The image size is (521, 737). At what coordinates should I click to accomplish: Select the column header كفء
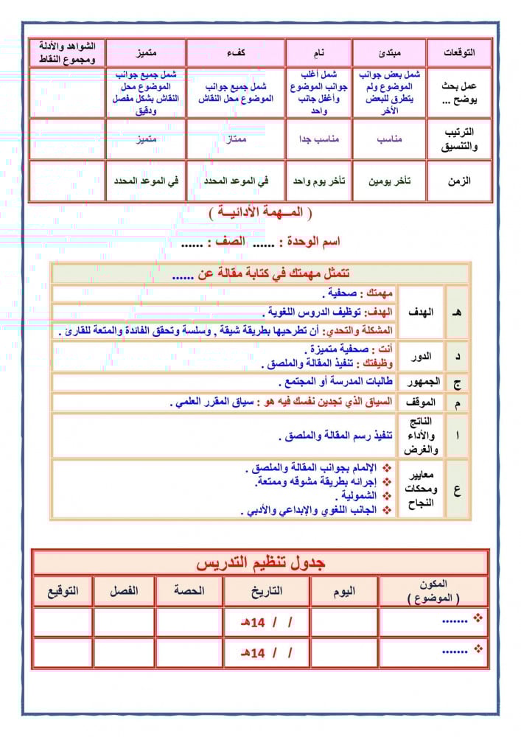236,53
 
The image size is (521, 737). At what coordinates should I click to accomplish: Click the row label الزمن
459,181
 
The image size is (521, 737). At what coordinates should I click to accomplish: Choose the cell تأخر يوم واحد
318,181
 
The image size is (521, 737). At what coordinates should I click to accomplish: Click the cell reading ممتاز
236,139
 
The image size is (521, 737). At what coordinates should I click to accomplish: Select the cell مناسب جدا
318,139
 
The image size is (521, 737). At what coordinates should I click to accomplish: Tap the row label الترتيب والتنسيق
459,139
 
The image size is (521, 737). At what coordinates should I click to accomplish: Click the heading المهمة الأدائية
260,213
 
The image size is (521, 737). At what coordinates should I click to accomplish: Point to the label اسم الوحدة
311,241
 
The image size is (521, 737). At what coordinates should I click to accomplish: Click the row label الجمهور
421,382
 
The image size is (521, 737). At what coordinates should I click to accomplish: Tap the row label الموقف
421,402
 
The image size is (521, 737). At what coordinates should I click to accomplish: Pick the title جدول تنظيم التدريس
260,563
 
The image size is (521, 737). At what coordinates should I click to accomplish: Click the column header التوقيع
63,591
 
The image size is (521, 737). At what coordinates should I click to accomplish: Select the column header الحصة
189,591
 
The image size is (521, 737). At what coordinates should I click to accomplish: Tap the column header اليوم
344,591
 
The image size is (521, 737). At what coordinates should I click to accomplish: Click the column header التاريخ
265,591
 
